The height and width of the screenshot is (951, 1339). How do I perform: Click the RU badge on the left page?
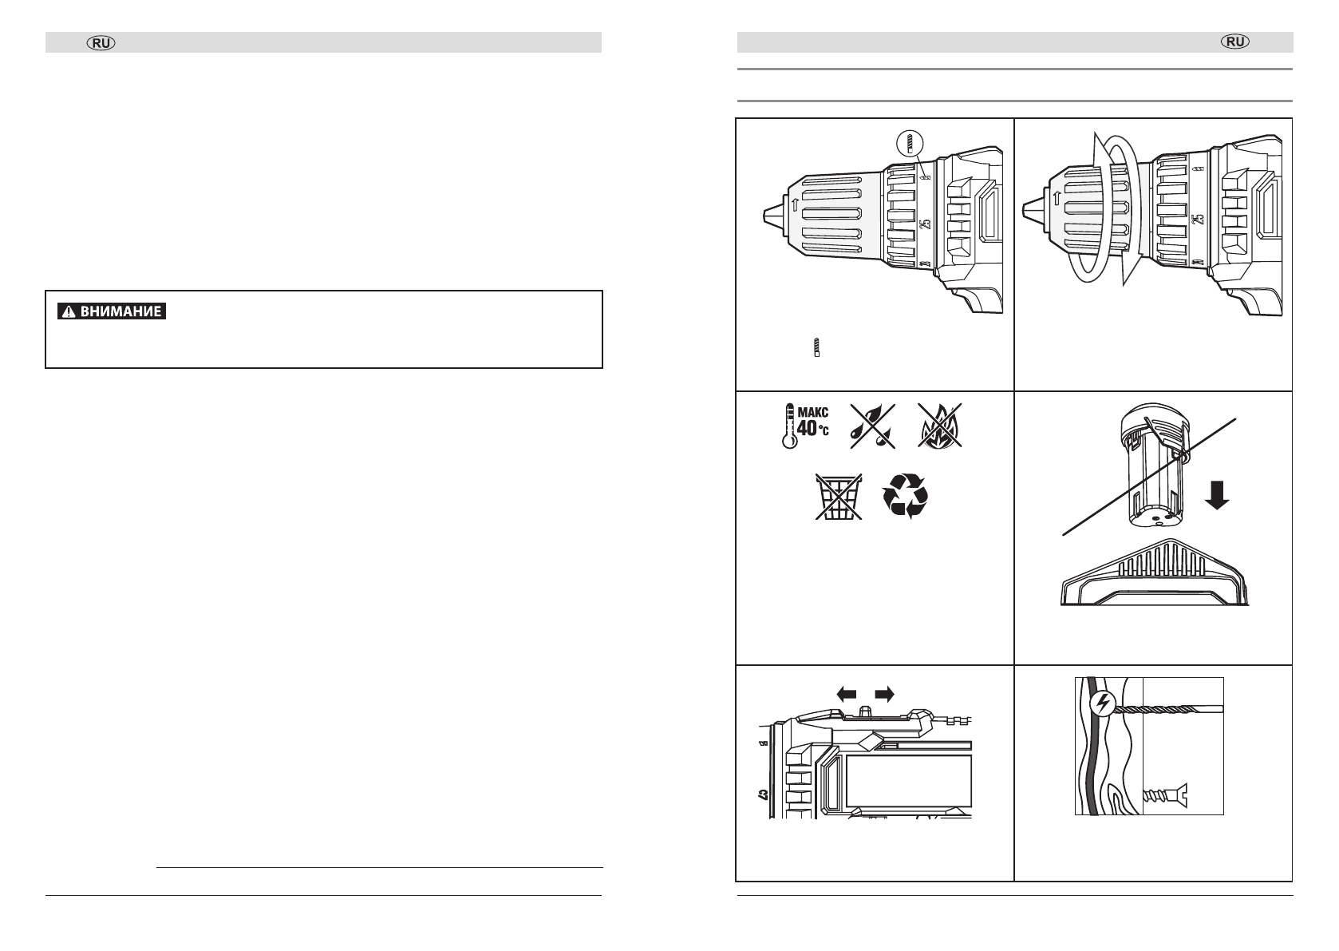click(101, 43)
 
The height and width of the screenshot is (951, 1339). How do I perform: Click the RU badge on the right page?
click(1235, 42)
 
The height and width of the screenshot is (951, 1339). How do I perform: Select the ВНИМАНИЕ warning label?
click(112, 311)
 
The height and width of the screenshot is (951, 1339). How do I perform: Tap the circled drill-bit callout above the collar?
click(910, 145)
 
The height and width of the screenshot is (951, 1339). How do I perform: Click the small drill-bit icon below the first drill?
click(816, 347)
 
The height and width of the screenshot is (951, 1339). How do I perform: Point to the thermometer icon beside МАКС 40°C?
click(790, 426)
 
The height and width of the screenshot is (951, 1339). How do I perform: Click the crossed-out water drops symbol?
click(873, 426)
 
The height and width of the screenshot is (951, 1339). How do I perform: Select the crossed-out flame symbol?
click(940, 426)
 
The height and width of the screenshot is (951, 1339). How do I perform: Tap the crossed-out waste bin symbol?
click(839, 497)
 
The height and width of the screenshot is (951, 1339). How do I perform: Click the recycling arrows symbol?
click(906, 496)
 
